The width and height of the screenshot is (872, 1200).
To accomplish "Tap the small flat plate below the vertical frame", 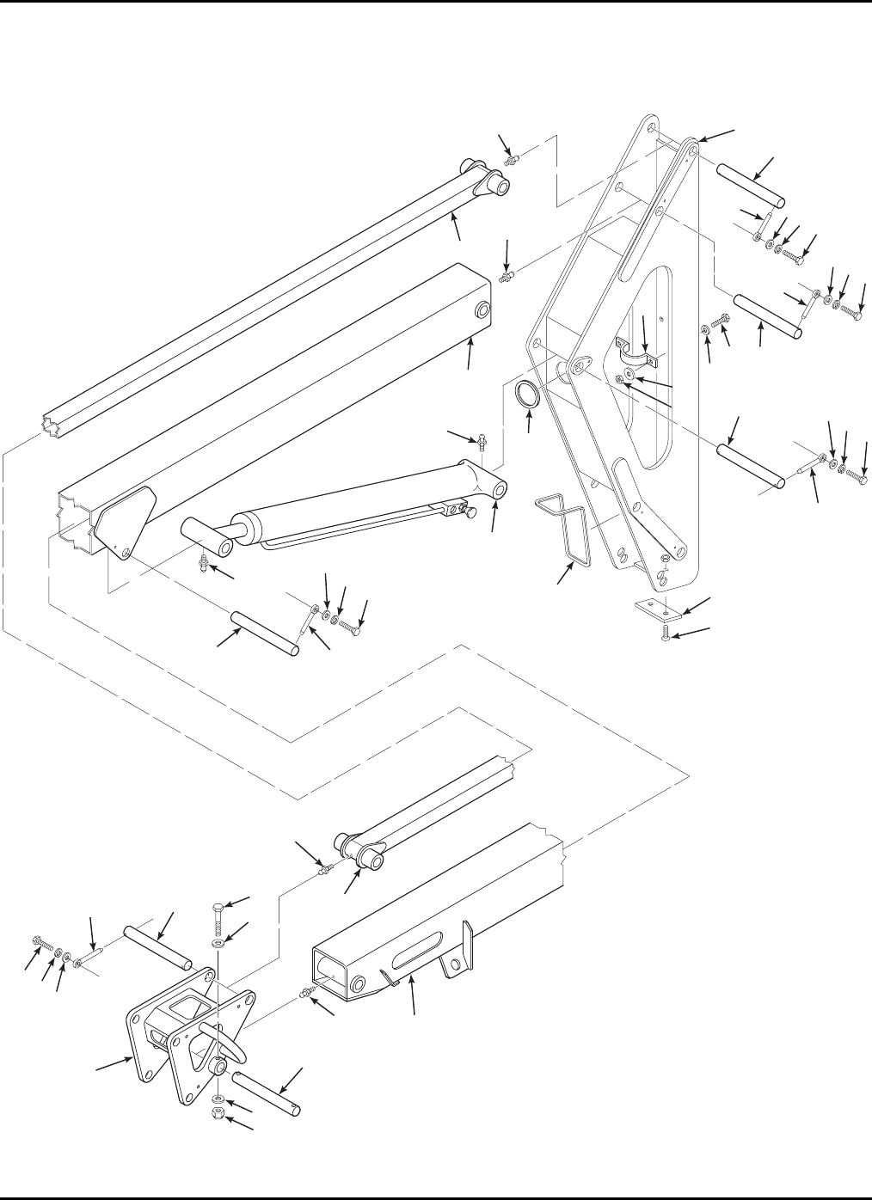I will coord(660,609).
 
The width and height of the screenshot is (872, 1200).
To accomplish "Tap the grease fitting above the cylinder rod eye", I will coord(484,441).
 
